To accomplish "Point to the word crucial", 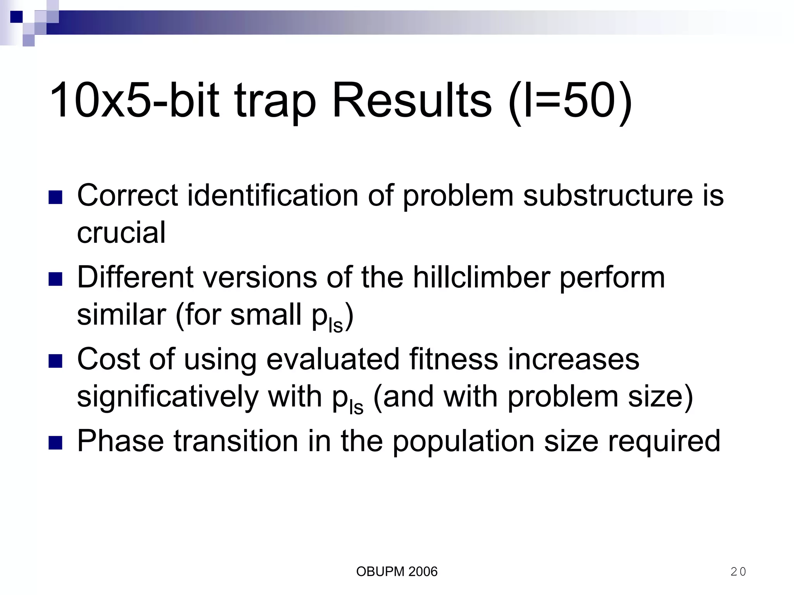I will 121,232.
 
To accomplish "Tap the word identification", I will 273,195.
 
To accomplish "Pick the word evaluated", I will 333,359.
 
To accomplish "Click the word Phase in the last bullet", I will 121,441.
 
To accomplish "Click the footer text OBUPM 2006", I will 397,571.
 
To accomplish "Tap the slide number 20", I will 738,571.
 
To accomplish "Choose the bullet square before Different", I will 55,279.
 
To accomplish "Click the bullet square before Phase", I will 55,443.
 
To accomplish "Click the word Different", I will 135,277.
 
